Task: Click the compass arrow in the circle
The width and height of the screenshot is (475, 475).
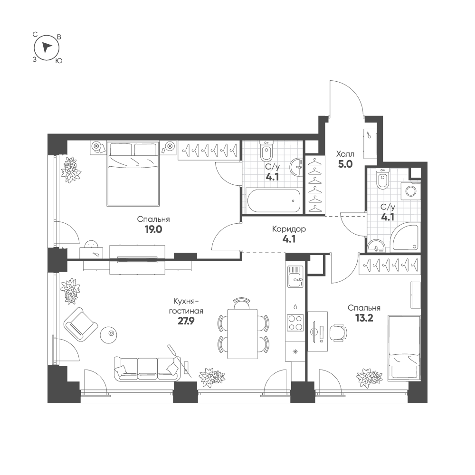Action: coord(46,47)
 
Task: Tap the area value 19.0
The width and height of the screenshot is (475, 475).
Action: coord(153,229)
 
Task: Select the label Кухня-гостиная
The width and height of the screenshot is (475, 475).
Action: coord(186,306)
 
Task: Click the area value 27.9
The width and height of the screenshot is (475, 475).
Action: coord(186,321)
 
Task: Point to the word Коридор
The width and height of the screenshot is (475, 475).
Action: coord(289,229)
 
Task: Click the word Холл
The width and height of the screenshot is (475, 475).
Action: coord(345,154)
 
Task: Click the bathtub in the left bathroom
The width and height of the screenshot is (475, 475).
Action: coord(274,200)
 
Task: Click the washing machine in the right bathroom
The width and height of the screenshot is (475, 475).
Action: coord(411,191)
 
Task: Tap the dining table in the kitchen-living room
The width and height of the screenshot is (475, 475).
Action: coord(242,333)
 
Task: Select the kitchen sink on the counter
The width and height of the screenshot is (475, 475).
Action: coord(295,276)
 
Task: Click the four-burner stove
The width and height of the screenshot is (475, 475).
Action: coord(295,323)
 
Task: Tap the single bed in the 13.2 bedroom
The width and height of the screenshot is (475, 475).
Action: coord(404,348)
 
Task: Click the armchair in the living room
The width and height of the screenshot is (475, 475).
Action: coord(81,325)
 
